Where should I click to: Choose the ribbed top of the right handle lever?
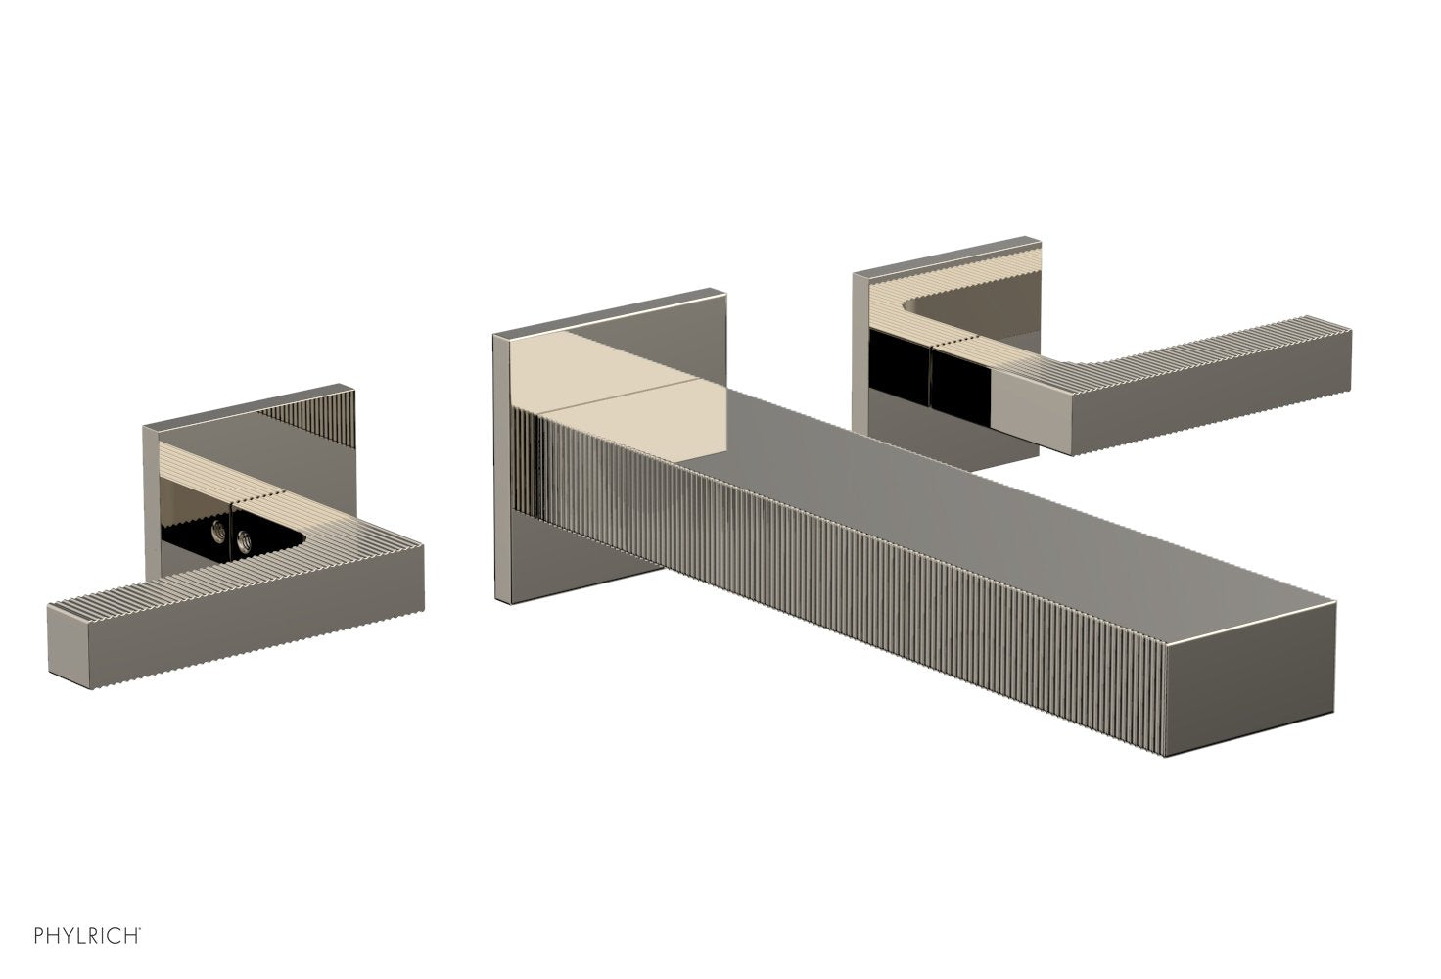click(x=1175, y=362)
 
